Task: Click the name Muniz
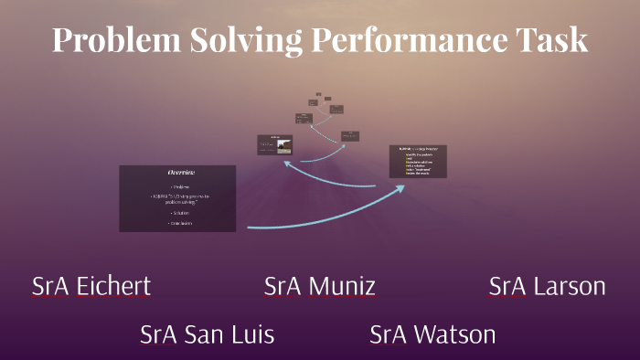342,287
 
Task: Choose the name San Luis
230,334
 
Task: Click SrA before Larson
507,287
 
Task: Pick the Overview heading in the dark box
180,173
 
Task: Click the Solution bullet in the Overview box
180,212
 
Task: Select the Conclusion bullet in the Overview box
180,223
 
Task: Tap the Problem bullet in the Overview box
180,186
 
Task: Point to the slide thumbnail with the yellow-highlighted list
418,161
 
